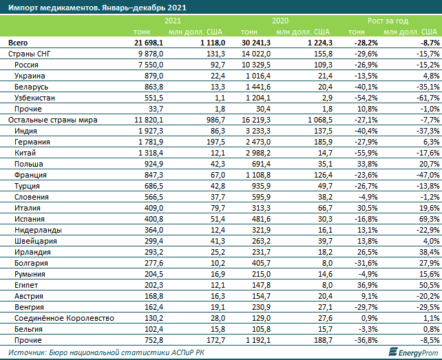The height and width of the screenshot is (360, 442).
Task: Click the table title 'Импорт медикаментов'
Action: [96, 8]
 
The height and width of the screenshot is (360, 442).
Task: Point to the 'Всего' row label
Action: [18, 42]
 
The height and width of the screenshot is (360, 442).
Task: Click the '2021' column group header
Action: [173, 21]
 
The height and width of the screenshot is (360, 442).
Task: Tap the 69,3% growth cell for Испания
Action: [429, 218]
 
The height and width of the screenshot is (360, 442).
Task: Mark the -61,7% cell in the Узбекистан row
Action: [428, 97]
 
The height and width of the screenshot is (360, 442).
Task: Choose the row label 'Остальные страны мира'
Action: [52, 119]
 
